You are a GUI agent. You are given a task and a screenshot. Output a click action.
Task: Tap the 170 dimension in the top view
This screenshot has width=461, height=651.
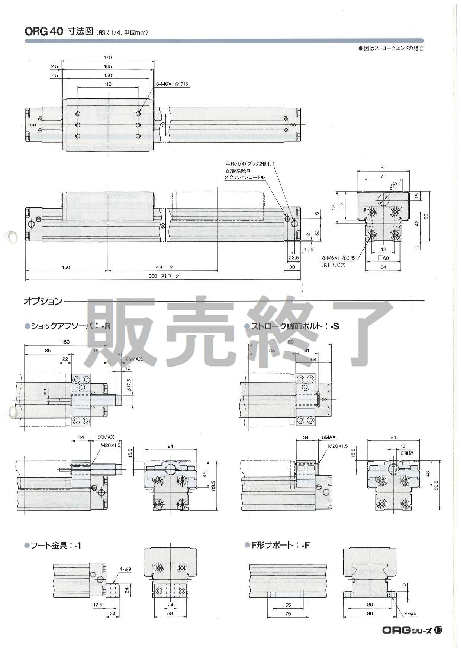tap(108, 58)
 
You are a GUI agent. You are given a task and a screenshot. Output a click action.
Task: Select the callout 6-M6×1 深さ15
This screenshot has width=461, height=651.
tap(173, 84)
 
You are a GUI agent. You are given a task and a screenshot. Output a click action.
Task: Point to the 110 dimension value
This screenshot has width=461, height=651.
tap(108, 84)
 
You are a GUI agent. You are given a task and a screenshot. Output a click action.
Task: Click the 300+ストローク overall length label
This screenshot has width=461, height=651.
tap(164, 276)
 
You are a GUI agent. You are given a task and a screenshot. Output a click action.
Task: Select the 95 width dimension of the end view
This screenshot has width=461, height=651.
tap(383, 167)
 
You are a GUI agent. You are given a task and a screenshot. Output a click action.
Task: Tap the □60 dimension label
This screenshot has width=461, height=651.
tap(383, 258)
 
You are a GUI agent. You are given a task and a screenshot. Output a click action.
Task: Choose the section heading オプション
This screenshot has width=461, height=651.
tap(43, 301)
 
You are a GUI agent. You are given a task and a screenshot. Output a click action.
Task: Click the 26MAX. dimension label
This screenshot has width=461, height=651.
tap(134, 359)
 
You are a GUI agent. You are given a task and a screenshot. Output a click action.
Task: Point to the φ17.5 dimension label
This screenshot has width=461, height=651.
tap(129, 384)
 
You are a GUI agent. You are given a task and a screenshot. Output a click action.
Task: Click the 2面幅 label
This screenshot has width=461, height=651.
tap(406, 453)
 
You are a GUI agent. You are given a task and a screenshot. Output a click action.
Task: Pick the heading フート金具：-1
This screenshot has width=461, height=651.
tap(56, 546)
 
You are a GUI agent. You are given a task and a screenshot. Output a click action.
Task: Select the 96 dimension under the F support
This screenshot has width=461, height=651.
tap(370, 613)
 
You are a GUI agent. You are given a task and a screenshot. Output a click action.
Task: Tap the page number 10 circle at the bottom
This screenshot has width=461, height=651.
tap(438, 630)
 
